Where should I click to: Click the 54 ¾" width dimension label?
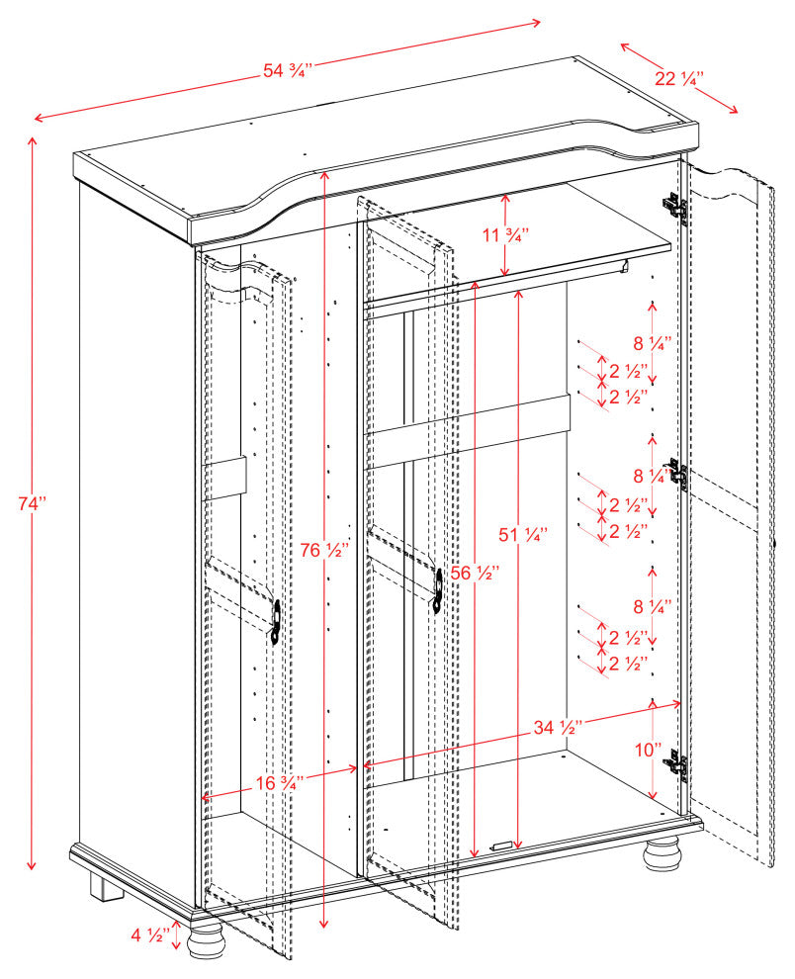click(x=288, y=70)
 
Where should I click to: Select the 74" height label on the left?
click(x=32, y=504)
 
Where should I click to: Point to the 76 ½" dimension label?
click(x=325, y=551)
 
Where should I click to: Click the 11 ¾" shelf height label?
click(x=505, y=235)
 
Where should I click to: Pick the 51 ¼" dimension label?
click(x=522, y=535)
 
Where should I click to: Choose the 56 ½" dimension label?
click(x=475, y=573)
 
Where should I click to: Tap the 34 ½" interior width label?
click(x=556, y=728)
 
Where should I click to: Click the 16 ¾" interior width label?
click(x=279, y=782)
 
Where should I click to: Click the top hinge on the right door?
click(x=674, y=205)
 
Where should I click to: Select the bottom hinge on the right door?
click(x=677, y=764)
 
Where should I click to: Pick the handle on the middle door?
click(x=437, y=589)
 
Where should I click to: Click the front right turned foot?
click(x=662, y=852)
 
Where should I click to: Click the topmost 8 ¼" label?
click(x=653, y=343)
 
